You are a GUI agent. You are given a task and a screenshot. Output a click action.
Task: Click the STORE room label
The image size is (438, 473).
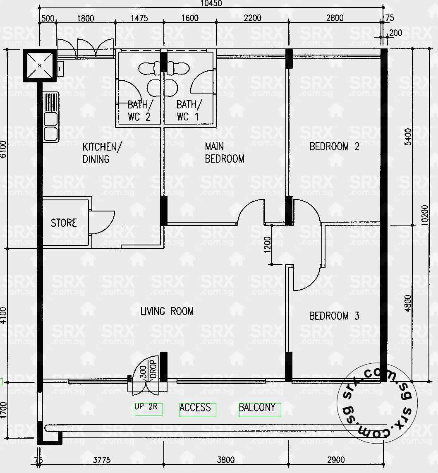[64, 223]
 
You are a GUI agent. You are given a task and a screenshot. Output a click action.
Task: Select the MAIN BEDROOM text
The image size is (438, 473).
[224, 152]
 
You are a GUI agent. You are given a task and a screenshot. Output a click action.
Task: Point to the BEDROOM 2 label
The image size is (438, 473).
[334, 146]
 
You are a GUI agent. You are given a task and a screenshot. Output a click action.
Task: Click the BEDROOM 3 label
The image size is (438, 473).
[334, 316]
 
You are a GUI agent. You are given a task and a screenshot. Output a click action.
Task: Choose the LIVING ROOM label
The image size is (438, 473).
[167, 311]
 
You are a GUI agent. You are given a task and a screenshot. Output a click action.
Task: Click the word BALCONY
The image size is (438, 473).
[257, 408]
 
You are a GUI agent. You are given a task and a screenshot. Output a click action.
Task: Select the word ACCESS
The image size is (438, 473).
[195, 408]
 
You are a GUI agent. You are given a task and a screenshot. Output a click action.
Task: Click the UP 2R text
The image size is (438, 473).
[146, 407]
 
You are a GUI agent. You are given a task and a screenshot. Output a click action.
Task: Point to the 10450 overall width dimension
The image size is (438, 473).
[211, 4]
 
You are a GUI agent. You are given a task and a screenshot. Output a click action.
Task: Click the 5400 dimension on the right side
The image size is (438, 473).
[408, 137]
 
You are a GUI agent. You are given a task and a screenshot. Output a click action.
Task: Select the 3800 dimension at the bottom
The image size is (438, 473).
[226, 460]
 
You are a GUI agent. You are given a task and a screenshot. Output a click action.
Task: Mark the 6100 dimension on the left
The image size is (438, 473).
[4, 149]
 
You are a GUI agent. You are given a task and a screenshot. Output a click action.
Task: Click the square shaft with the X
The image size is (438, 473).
[40, 65]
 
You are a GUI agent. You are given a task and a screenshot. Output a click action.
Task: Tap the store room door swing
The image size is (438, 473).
[103, 222]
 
